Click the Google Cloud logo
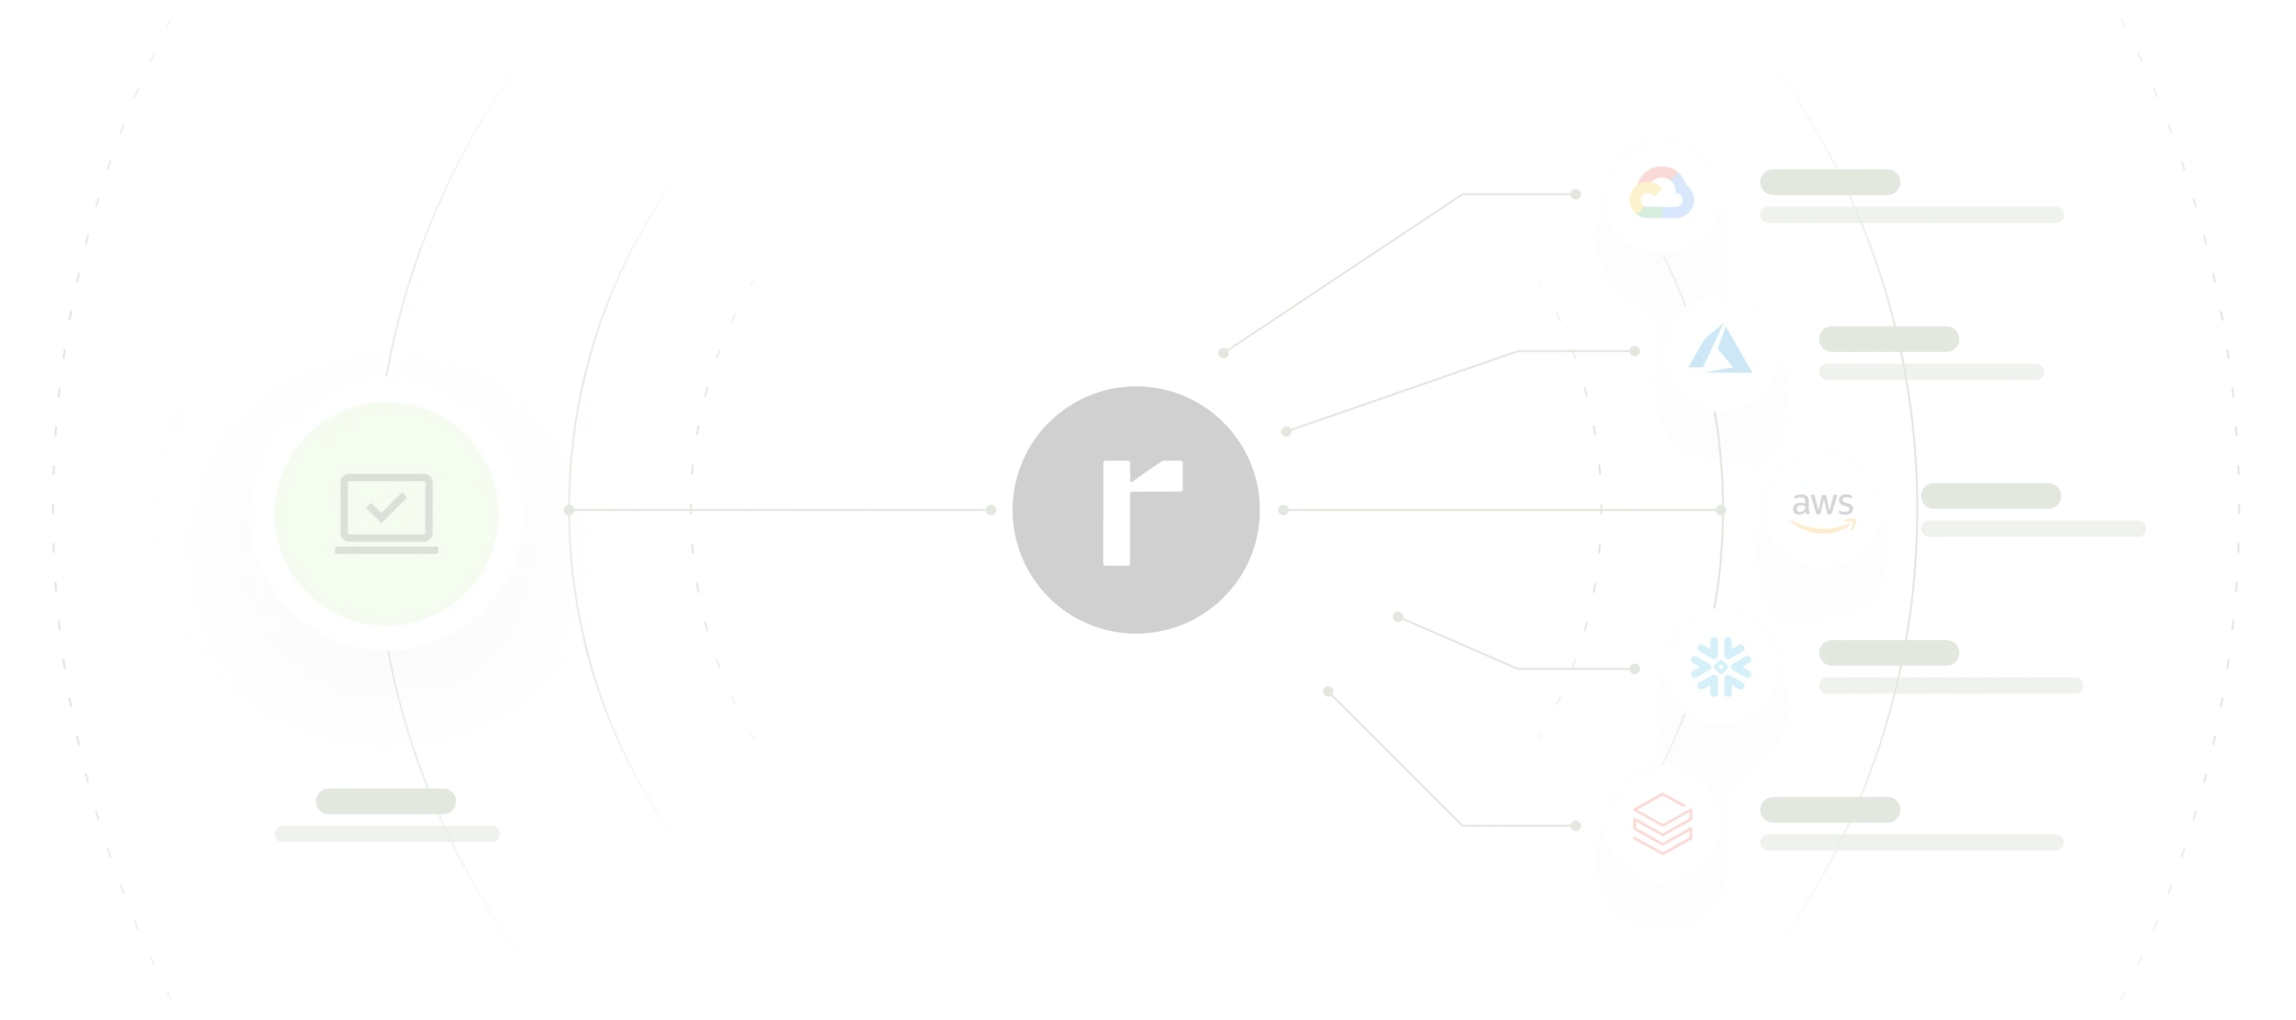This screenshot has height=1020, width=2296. pyautogui.click(x=1660, y=195)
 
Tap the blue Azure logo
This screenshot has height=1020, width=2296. pyautogui.click(x=1719, y=350)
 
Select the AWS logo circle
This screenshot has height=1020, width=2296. pyautogui.click(x=1823, y=507)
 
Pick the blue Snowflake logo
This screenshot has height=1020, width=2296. pyautogui.click(x=1719, y=666)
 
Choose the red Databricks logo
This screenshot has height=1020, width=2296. pyautogui.click(x=1661, y=823)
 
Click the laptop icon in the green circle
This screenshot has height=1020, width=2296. pyautogui.click(x=387, y=513)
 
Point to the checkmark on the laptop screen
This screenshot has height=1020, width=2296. pyautogui.click(x=387, y=507)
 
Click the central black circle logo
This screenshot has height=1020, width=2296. pyautogui.click(x=1137, y=509)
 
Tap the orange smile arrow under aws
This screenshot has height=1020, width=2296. pyautogui.click(x=1823, y=526)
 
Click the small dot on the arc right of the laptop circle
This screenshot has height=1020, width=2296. pyautogui.click(x=569, y=510)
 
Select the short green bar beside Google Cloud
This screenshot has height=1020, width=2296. pyautogui.click(x=1829, y=179)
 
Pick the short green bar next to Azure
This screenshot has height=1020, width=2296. pyautogui.click(x=1890, y=339)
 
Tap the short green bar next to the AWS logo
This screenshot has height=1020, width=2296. pyautogui.click(x=1991, y=497)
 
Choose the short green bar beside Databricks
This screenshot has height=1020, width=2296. pyautogui.click(x=1829, y=810)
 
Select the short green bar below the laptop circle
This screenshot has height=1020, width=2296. pyautogui.click(x=387, y=800)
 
